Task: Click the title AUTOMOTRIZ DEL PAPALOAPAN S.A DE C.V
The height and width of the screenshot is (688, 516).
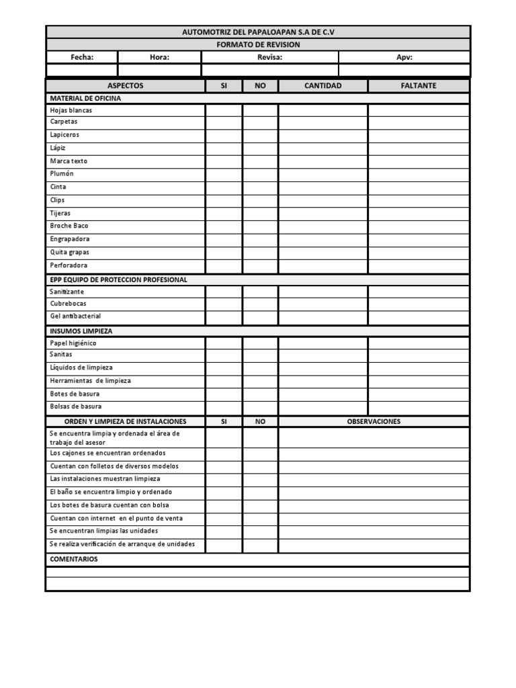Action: tap(258, 32)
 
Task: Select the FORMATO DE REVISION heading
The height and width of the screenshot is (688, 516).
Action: tap(258, 45)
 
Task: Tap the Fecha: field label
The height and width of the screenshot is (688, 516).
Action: tap(82, 58)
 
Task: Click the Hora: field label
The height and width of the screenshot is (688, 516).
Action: tap(159, 58)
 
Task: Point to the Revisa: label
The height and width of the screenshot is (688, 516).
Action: tap(269, 58)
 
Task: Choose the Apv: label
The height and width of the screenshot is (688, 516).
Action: tap(404, 58)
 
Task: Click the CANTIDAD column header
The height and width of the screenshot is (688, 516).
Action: tap(323, 86)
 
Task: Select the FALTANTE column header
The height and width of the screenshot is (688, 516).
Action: tap(419, 86)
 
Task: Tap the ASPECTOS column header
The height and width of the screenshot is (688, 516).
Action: tap(126, 86)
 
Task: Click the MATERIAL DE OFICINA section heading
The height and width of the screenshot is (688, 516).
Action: tap(85, 99)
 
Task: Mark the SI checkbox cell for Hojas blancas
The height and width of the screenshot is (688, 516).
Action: tap(224, 110)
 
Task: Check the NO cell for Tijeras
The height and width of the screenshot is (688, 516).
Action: tap(260, 214)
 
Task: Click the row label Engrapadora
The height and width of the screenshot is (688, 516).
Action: tap(70, 239)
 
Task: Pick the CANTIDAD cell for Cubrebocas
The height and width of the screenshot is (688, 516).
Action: tap(323, 304)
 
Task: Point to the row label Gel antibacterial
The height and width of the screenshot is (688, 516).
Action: tap(75, 316)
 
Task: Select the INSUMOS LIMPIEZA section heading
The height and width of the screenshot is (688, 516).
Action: tap(81, 331)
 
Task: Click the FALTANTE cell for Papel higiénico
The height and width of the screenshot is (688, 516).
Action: tap(419, 343)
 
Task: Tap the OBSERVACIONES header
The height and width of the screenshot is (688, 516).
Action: tap(374, 422)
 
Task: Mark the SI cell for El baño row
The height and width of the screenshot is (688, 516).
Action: tap(224, 492)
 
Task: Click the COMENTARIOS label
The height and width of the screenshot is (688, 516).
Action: tap(74, 560)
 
